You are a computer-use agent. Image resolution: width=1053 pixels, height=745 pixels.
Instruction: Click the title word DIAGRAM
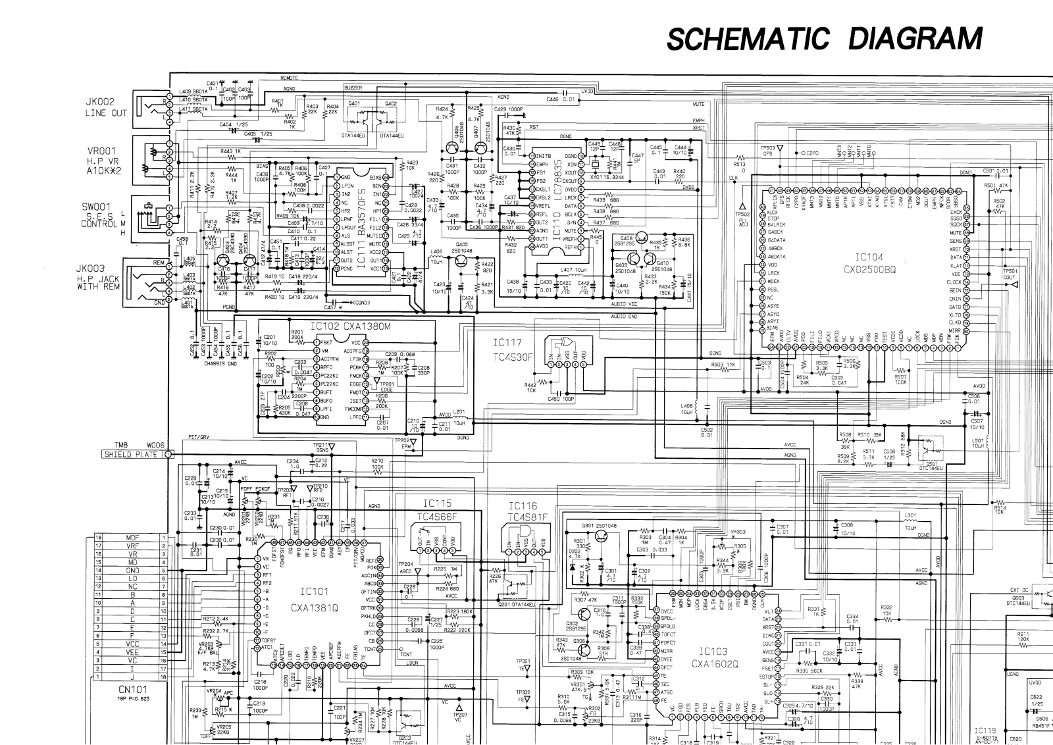(915, 39)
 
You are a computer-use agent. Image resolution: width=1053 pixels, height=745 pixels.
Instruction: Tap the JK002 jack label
(100, 102)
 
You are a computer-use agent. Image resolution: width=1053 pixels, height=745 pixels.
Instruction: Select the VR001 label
(100, 149)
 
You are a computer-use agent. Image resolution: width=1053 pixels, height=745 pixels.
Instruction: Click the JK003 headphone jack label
(99, 269)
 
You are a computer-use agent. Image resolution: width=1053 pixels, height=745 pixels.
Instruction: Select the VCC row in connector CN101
(132, 644)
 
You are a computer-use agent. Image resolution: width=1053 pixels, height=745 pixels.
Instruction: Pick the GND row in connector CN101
(132, 571)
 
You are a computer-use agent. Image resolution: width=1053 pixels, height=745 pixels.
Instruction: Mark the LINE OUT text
(106, 113)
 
